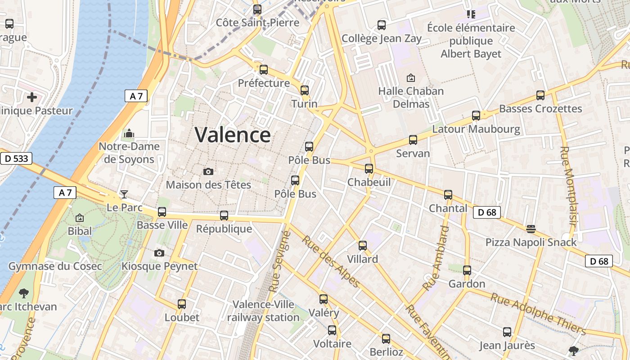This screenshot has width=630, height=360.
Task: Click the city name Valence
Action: click(x=233, y=135)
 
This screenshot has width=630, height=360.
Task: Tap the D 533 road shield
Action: click(x=16, y=158)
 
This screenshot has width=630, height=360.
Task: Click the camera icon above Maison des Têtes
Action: click(x=208, y=171)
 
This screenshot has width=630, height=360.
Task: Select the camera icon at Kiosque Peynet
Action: click(x=159, y=253)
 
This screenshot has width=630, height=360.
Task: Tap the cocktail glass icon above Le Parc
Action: click(x=124, y=194)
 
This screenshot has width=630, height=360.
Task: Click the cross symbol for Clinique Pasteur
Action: click(x=32, y=97)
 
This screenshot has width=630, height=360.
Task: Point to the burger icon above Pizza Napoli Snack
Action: click(x=531, y=229)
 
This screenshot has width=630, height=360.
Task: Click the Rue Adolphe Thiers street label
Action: click(x=538, y=314)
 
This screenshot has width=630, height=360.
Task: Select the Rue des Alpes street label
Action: click(x=331, y=261)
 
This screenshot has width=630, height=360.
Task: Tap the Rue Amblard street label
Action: click(x=436, y=258)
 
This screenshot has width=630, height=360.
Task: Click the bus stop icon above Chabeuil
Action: click(x=369, y=169)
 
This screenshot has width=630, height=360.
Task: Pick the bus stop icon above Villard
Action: click(x=363, y=246)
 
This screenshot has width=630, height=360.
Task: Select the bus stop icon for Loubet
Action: click(x=182, y=304)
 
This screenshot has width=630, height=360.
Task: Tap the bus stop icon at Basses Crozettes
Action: click(x=540, y=95)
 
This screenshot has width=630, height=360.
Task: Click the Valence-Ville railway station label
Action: click(x=263, y=311)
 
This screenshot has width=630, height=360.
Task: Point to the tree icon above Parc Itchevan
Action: click(x=24, y=293)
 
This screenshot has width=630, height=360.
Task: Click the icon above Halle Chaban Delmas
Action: click(x=410, y=78)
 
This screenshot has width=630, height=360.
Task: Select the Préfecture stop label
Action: click(x=264, y=83)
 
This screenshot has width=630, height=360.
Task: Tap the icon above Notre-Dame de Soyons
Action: click(x=129, y=133)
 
